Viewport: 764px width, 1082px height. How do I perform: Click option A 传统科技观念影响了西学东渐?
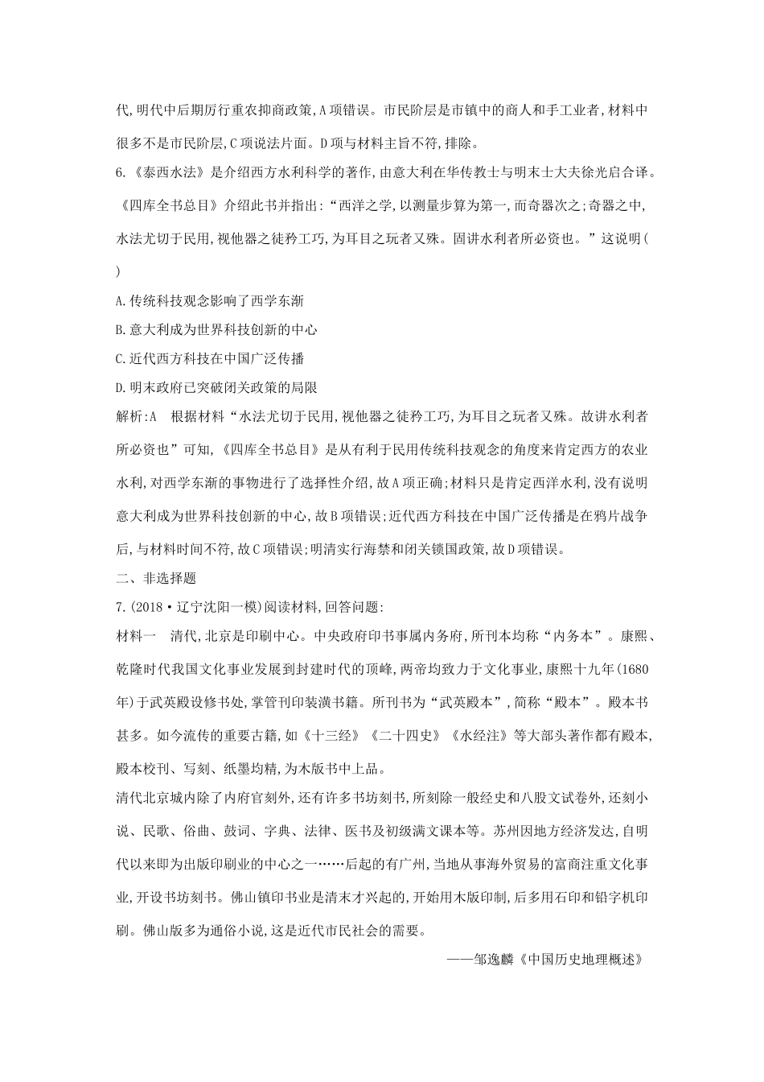[210, 300]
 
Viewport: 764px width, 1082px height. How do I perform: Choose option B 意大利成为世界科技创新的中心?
[217, 329]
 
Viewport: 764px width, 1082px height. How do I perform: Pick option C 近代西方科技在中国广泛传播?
[210, 358]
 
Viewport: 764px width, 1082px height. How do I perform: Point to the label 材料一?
[137, 636]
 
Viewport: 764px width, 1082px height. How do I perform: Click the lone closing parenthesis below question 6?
[119, 271]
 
